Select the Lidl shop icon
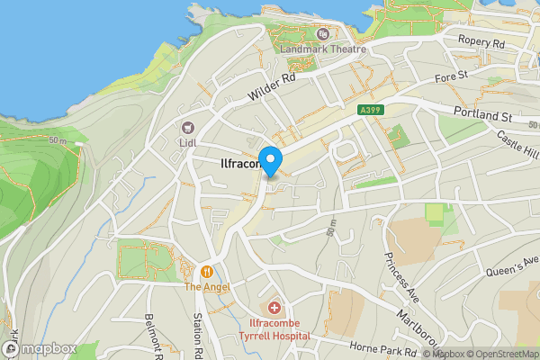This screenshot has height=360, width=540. click(189, 129)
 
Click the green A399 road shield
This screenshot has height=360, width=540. click(366, 110)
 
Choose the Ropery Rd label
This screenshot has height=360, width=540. click(480, 43)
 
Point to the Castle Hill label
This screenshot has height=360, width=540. click(518, 144)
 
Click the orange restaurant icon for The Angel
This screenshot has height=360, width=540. click(208, 271)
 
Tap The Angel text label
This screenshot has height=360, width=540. click(208, 287)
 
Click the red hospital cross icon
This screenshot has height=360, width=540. click(274, 308)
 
